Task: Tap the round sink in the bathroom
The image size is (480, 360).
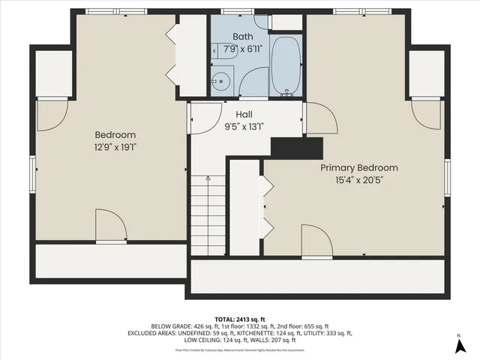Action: coord(223,81)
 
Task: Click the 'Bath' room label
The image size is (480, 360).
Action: coord(243,36)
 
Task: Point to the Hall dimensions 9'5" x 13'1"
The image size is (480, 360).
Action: coord(244,127)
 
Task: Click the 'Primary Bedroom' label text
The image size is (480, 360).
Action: coord(359,168)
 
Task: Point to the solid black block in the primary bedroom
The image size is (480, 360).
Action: coord(296,148)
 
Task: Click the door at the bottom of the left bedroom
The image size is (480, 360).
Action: coord(111,226)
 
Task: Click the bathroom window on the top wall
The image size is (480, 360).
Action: coord(236,11)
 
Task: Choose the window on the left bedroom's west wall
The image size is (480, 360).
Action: coord(33,174)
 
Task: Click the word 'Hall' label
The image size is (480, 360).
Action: coord(244,115)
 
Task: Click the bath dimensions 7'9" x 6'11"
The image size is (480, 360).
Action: coord(243,48)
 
